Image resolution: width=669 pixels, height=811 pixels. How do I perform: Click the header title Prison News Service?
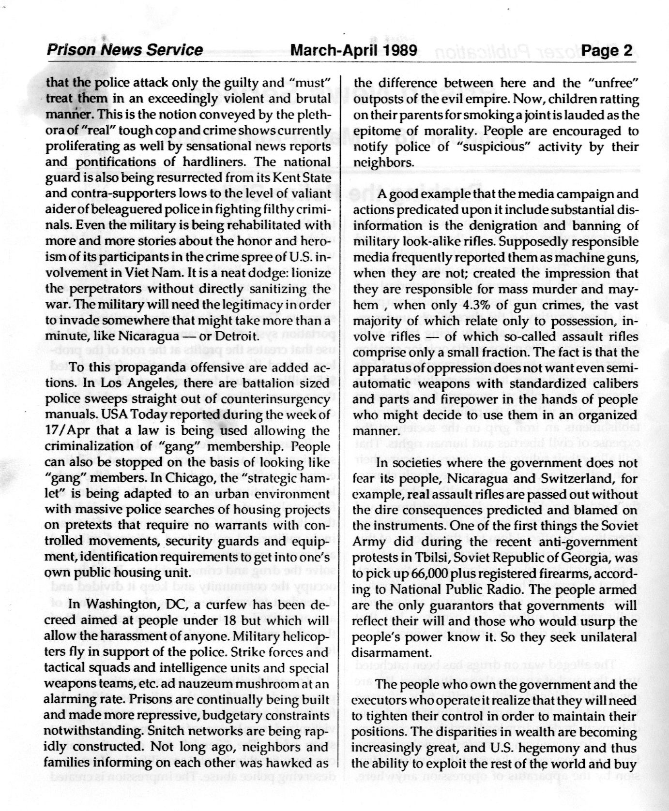[124, 50]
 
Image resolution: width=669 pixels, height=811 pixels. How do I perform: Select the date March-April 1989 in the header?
[354, 50]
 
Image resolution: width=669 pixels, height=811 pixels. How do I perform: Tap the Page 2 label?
[607, 50]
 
